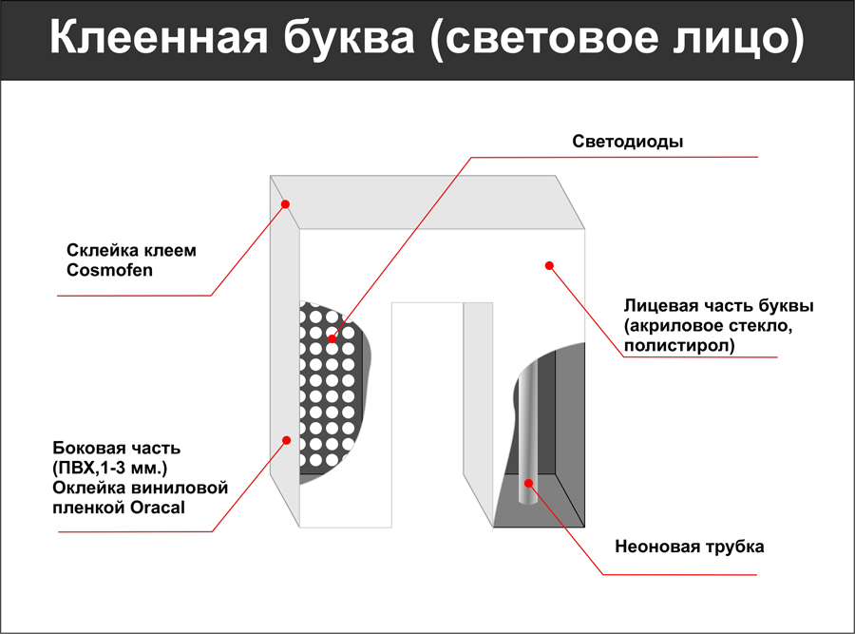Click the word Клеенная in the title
click(x=159, y=38)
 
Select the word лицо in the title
click(x=738, y=39)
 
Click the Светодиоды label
click(x=628, y=142)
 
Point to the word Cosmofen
click(x=109, y=270)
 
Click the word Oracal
click(x=158, y=508)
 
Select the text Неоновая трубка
click(x=690, y=547)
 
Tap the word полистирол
click(x=679, y=345)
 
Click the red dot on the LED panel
click(x=332, y=338)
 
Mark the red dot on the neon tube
click(x=528, y=483)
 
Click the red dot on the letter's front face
click(x=549, y=266)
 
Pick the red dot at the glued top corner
click(x=285, y=204)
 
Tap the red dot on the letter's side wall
click(x=286, y=440)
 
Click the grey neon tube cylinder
click(x=527, y=432)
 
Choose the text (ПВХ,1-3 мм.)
click(x=109, y=469)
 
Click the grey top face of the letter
click(x=427, y=202)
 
